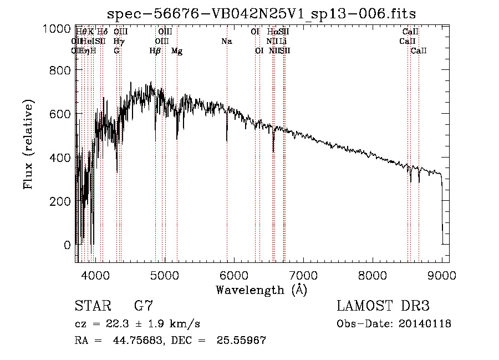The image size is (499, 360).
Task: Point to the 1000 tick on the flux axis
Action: pyautogui.click(x=58, y=28)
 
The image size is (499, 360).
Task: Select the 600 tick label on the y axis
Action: pyautogui.click(x=58, y=114)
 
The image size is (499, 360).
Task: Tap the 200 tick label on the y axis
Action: pyautogui.click(x=58, y=201)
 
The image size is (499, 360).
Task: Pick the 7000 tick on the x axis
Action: pyautogui.click(x=303, y=275)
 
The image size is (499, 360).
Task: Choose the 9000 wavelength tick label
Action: pyautogui.click(x=442, y=275)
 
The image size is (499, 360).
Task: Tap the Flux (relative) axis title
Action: pyautogui.click(x=28, y=145)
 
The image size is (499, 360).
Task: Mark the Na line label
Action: pyautogui.click(x=226, y=41)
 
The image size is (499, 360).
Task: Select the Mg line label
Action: pyautogui.click(x=177, y=51)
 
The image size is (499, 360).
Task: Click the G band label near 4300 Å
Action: pyautogui.click(x=116, y=51)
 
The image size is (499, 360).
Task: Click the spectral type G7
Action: pyautogui.click(x=144, y=306)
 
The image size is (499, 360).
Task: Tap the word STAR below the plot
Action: pyautogui.click(x=92, y=306)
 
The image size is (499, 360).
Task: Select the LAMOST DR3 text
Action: pyautogui.click(x=383, y=306)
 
